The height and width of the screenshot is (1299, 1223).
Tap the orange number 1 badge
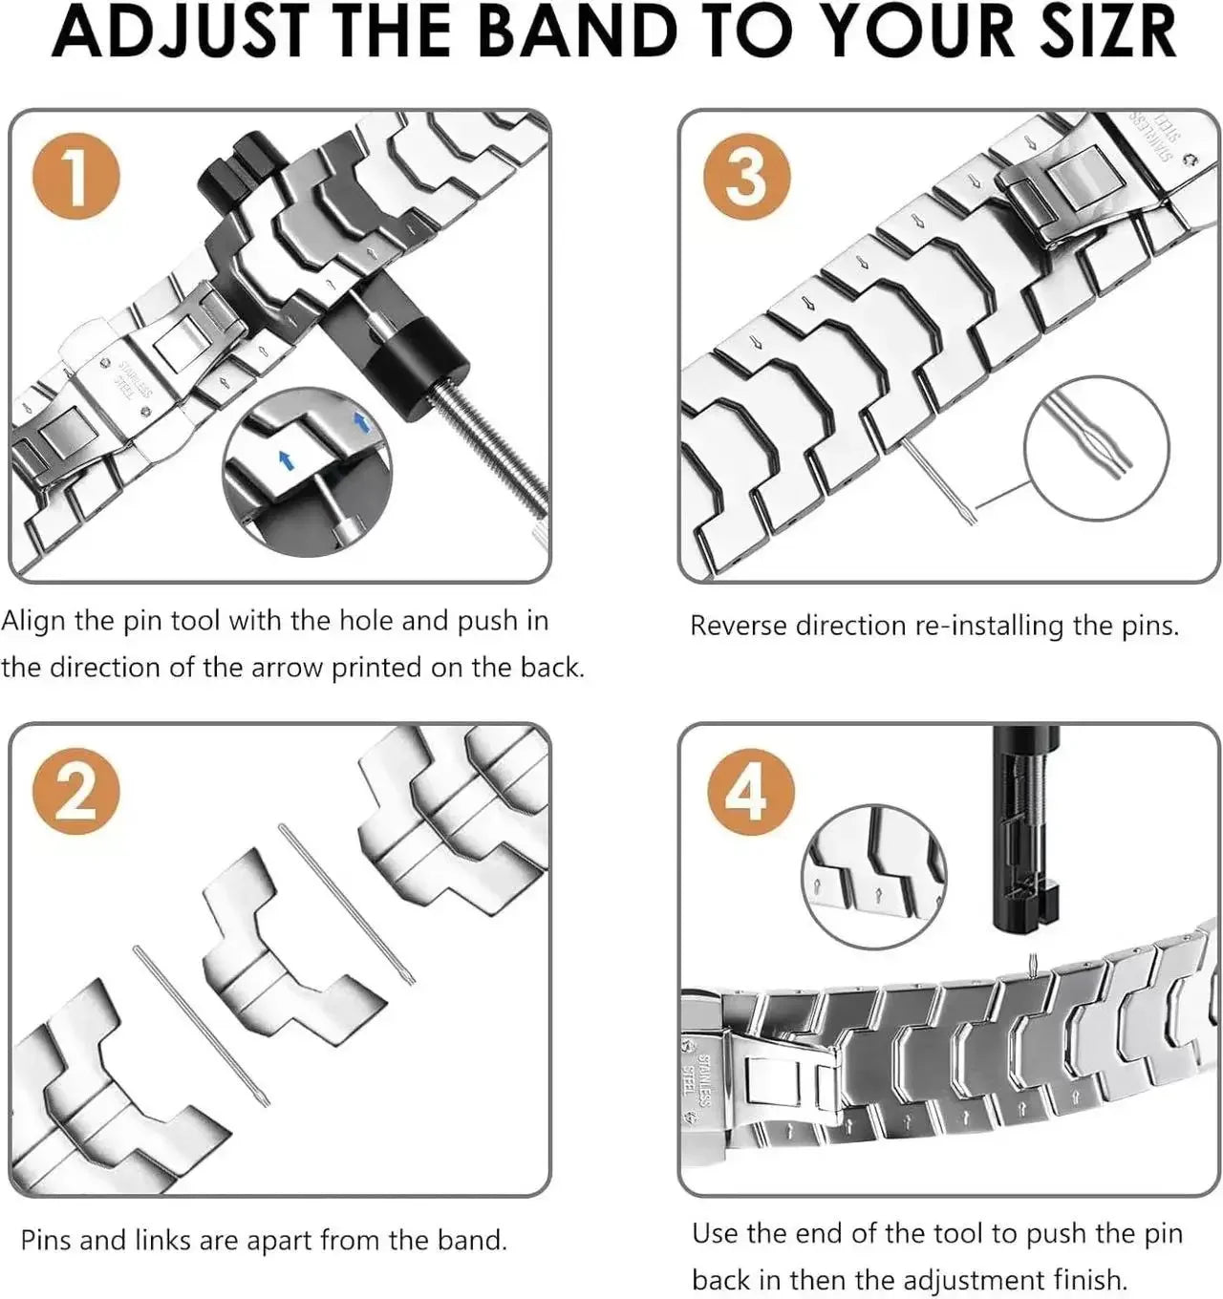(76, 178)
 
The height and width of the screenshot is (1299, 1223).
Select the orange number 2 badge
(76, 792)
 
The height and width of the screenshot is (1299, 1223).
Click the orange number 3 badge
(746, 178)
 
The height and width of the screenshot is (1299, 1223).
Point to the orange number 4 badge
(750, 792)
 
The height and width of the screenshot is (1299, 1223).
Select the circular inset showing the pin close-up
(1096, 446)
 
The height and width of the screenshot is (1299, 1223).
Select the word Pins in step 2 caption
(46, 1240)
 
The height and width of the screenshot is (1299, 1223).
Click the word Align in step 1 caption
(33, 621)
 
